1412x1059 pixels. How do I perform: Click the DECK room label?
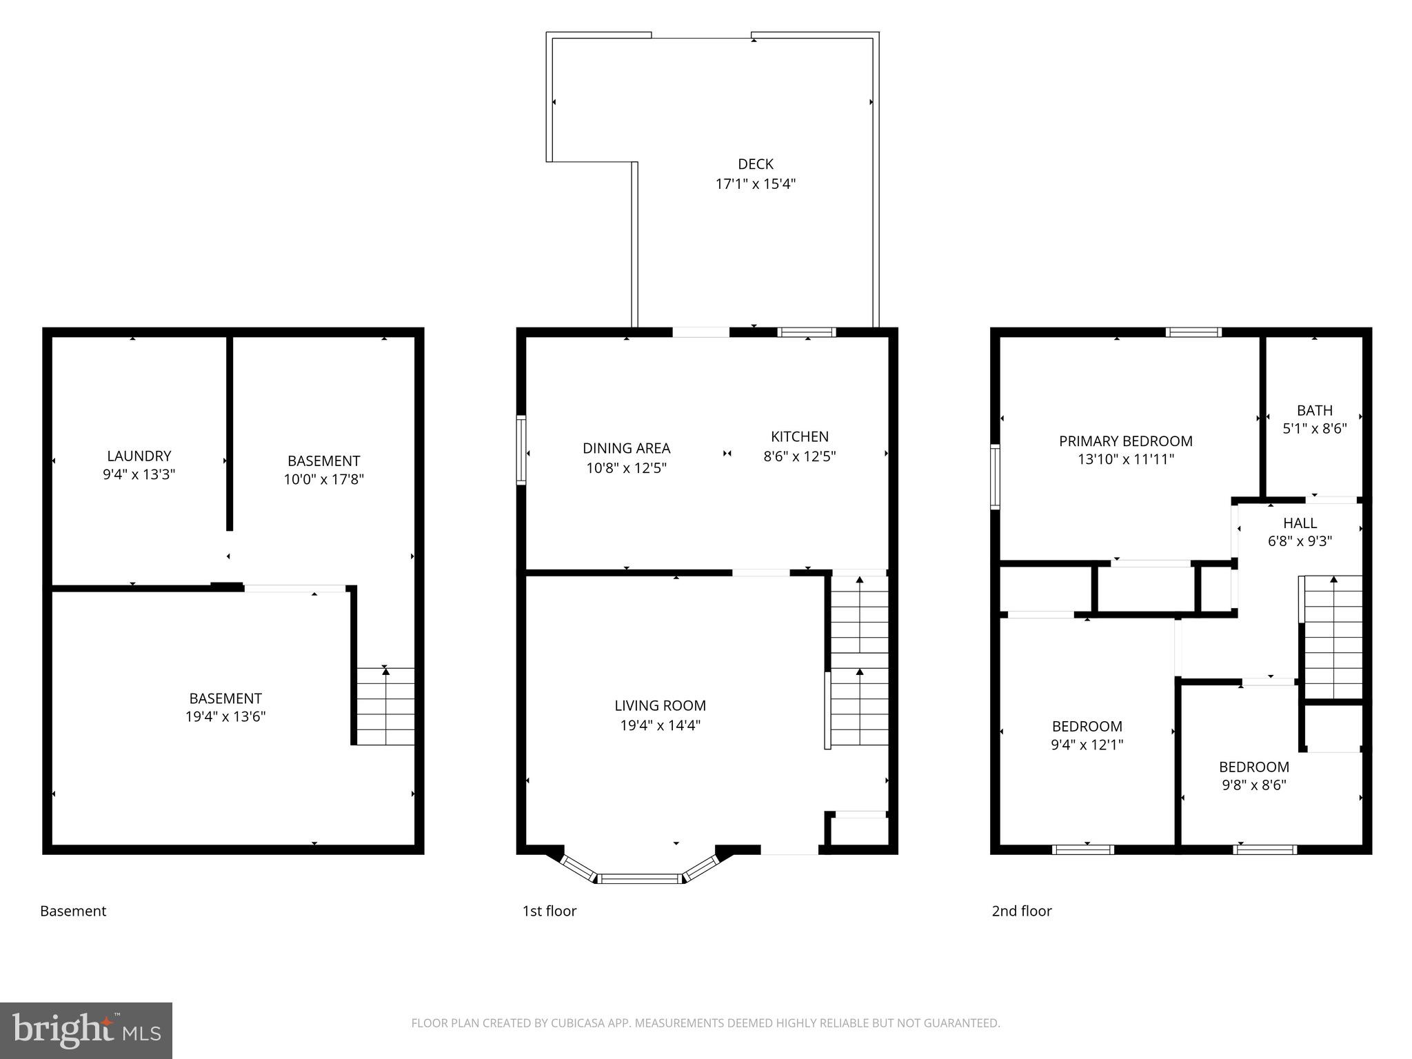click(755, 164)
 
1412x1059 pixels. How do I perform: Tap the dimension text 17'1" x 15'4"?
click(755, 184)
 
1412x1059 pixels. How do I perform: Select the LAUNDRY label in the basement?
click(139, 456)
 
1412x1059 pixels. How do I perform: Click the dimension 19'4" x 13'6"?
click(225, 717)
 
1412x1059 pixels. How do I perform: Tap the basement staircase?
click(385, 706)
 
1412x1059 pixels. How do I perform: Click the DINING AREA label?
click(626, 448)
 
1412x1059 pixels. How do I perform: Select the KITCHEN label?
click(799, 436)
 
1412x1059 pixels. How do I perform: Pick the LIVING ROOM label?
click(660, 705)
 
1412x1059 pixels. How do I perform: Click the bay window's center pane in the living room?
click(639, 878)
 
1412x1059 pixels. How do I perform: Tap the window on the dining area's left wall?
click(521, 450)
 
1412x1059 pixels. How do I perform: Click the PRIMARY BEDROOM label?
click(1125, 441)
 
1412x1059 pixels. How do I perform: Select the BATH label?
click(1314, 410)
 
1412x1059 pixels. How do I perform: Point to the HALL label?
click(1300, 523)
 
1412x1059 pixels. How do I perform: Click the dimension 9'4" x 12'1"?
click(1087, 745)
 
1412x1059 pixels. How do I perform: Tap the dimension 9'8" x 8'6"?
click(1253, 785)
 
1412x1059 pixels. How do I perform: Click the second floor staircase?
click(1333, 638)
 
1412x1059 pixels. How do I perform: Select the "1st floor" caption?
click(549, 911)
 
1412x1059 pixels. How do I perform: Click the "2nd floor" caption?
click(1021, 911)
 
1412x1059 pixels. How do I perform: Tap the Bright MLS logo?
click(86, 1030)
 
